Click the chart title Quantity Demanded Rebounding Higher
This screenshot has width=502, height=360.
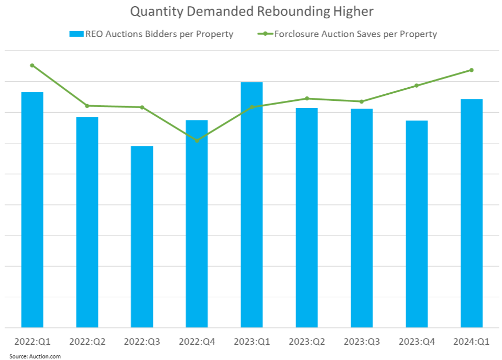(x=251, y=11)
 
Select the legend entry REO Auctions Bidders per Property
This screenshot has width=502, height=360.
(x=151, y=34)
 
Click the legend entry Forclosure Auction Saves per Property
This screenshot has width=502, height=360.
(x=348, y=34)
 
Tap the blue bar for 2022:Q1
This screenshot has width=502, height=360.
(x=32, y=209)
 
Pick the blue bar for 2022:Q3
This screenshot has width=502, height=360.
(x=142, y=237)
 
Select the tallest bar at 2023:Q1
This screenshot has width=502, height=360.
(x=252, y=204)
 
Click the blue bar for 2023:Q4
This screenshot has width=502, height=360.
(x=416, y=224)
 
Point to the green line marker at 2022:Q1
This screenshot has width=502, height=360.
(x=32, y=65)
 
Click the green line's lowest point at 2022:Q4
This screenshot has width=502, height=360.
(x=197, y=140)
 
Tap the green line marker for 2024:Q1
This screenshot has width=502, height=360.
(x=471, y=70)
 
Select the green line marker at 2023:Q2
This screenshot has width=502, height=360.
(x=307, y=98)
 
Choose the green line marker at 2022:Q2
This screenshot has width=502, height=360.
(x=87, y=106)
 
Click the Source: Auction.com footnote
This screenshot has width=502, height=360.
(x=35, y=356)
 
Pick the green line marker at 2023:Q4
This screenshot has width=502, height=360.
(x=416, y=85)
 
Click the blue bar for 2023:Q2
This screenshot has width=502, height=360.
(x=307, y=218)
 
